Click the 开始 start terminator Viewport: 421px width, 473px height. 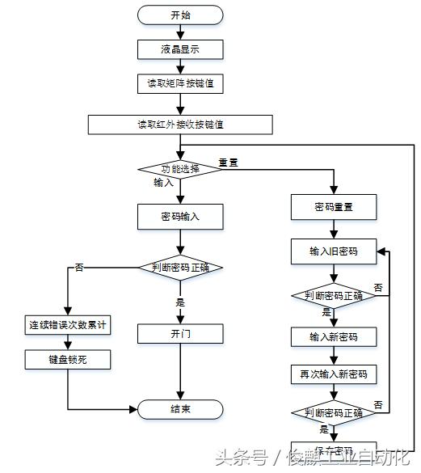[x=180, y=15]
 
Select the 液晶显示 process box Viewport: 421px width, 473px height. [x=180, y=49]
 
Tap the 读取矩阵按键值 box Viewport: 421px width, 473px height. [x=180, y=83]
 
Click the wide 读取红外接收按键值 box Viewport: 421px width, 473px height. [x=180, y=125]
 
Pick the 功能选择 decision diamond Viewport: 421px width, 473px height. [x=180, y=168]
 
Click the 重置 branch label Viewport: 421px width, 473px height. [x=228, y=163]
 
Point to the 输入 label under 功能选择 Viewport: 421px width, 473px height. [x=164, y=183]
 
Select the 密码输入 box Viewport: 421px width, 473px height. [x=180, y=217]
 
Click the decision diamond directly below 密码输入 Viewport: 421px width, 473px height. [x=180, y=267]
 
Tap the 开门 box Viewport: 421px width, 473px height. [x=180, y=333]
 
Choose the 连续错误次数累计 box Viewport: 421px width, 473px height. [x=68, y=325]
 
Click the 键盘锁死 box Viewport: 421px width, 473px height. [x=68, y=360]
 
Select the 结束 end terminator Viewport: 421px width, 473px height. [x=180, y=409]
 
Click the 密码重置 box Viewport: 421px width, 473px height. [x=334, y=207]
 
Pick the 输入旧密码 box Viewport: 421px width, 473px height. [x=334, y=251]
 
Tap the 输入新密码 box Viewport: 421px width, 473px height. [x=334, y=336]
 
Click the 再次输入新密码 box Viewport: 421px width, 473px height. [x=334, y=374]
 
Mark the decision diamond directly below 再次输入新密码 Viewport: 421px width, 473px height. [x=334, y=414]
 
